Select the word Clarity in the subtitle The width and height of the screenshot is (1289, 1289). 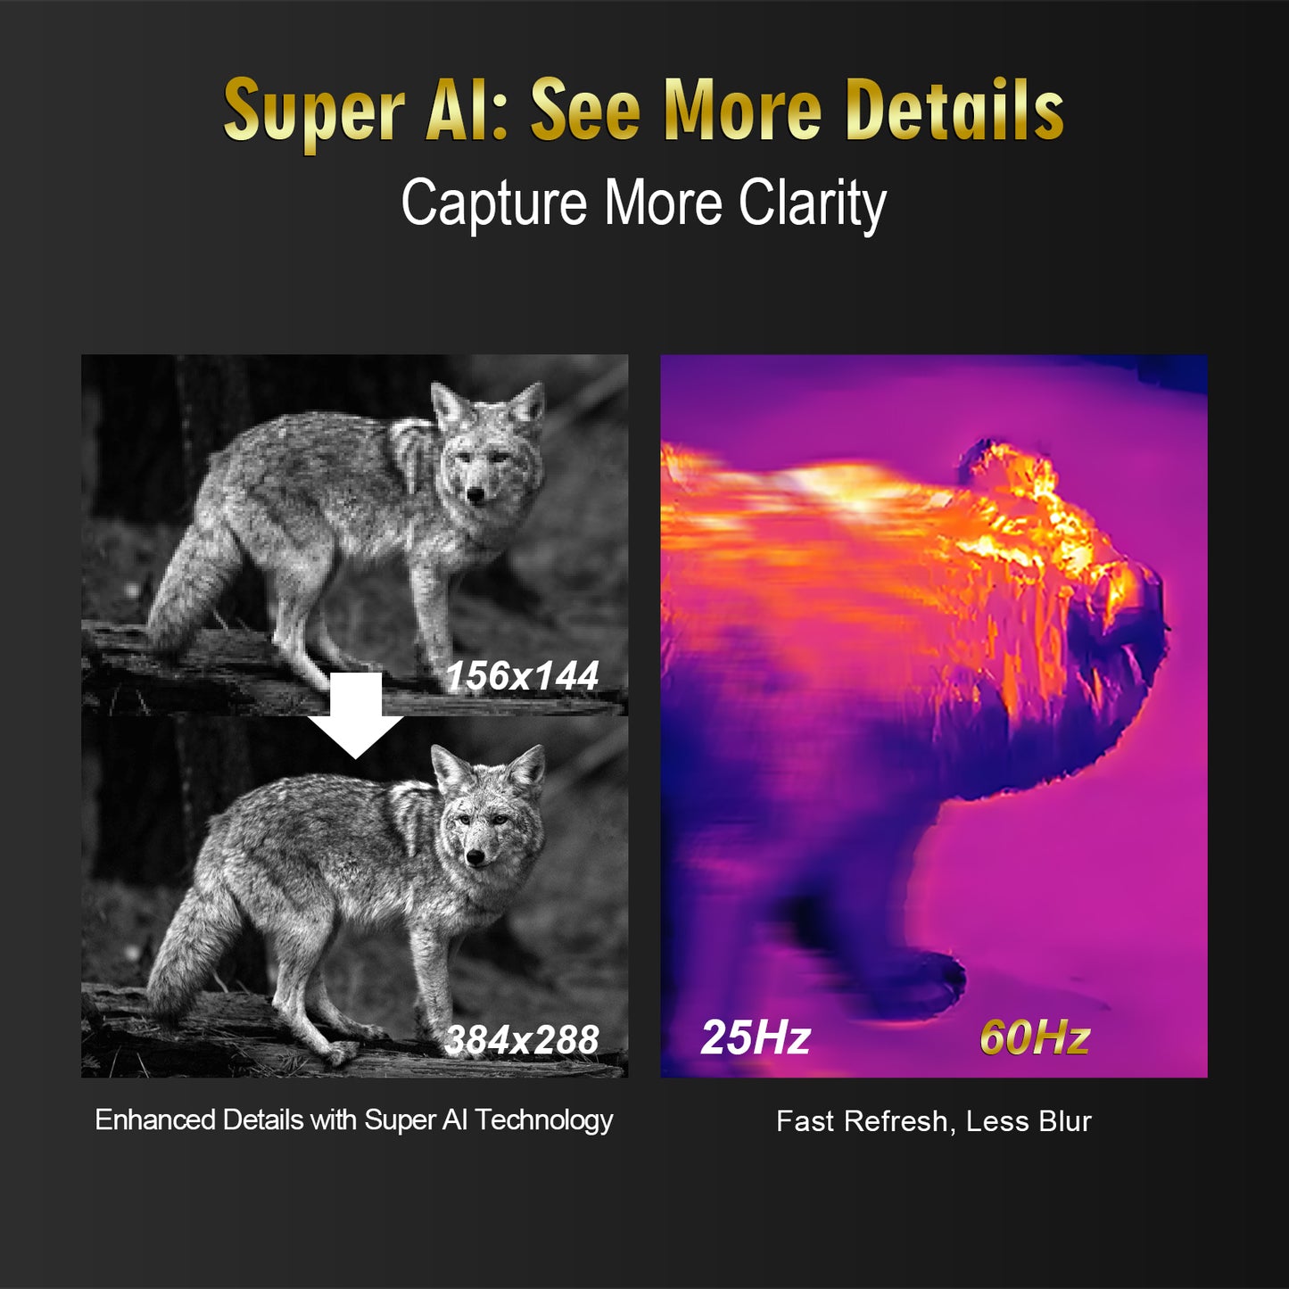point(812,203)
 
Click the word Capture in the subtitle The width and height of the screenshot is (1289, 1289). point(494,203)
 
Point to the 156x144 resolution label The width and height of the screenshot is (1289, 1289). point(522,676)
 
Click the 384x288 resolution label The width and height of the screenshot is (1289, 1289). point(522,1040)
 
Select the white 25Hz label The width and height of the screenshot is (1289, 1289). point(756,1037)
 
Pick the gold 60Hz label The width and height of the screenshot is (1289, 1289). point(1035,1037)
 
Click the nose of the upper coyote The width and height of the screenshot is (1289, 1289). point(476,493)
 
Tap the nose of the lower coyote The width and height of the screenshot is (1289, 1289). point(476,857)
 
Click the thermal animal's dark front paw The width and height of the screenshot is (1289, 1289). point(928,981)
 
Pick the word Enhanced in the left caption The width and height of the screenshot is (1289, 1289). point(155,1120)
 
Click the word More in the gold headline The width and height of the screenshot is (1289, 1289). point(743,111)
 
